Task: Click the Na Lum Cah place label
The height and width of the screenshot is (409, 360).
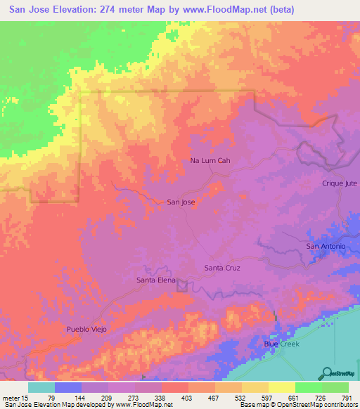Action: (x=210, y=161)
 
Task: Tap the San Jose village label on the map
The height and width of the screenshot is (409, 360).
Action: (x=181, y=202)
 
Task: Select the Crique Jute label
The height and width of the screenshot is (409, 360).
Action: (x=340, y=183)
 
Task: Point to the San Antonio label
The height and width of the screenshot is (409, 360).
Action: (x=325, y=246)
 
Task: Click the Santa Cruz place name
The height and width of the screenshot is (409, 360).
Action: (x=223, y=268)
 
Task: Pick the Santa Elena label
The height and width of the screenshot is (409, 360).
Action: (x=155, y=280)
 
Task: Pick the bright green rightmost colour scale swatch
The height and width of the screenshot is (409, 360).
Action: (x=335, y=387)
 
